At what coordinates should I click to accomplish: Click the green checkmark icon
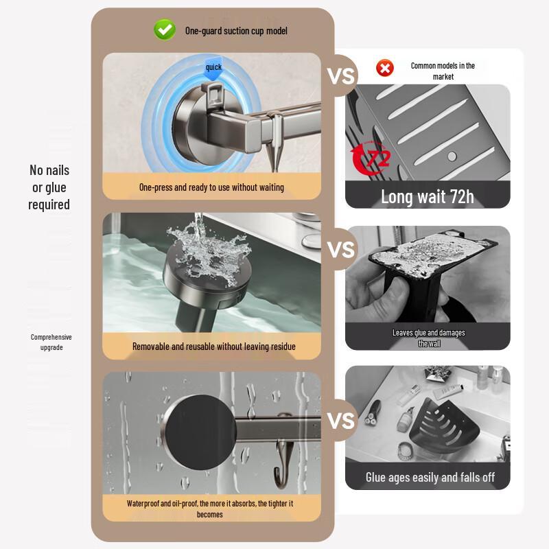(x=164, y=30)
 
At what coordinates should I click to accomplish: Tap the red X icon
(x=385, y=68)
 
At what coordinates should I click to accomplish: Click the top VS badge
(x=341, y=75)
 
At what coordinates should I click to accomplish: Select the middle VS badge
(x=341, y=249)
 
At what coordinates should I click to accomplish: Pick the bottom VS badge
(x=341, y=419)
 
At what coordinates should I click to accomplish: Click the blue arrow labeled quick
(x=213, y=69)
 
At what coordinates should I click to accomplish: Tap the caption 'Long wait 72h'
(x=427, y=197)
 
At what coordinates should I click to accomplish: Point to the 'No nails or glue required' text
(x=49, y=187)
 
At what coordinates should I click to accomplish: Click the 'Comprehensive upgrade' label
(x=51, y=342)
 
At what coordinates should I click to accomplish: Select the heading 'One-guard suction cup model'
(x=235, y=31)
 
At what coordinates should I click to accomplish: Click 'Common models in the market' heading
(x=443, y=71)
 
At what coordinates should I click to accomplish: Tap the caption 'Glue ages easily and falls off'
(x=430, y=477)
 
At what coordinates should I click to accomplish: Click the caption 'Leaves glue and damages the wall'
(x=429, y=338)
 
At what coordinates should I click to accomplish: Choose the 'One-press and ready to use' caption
(x=211, y=187)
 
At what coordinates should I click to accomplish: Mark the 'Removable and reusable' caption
(x=213, y=347)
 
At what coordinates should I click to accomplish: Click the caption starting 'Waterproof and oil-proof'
(x=210, y=509)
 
